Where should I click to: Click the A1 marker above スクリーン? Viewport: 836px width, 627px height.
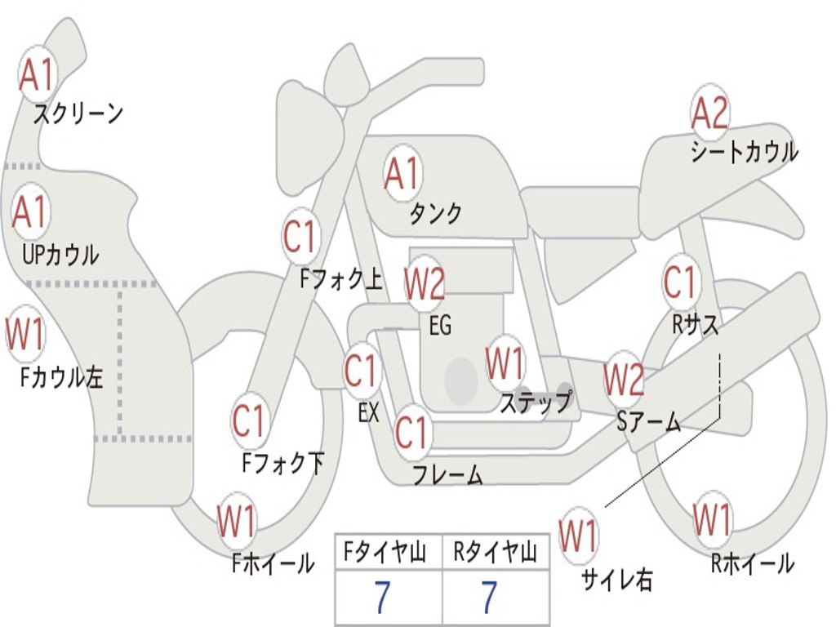pyautogui.click(x=37, y=74)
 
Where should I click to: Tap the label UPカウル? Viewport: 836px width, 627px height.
pyautogui.click(x=60, y=254)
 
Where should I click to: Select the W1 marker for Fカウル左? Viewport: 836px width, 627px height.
pyautogui.click(x=25, y=333)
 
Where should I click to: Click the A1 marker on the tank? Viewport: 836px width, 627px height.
pyautogui.click(x=402, y=172)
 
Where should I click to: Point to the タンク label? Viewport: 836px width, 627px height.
pyautogui.click(x=435, y=214)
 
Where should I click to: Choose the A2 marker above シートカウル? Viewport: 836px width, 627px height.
pyautogui.click(x=709, y=113)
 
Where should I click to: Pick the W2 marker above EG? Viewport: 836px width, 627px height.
pyautogui.click(x=425, y=284)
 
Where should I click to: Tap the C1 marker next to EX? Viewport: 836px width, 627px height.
pyautogui.click(x=361, y=371)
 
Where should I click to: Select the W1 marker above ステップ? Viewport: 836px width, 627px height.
pyautogui.click(x=505, y=363)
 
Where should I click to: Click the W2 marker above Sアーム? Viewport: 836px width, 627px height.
pyautogui.click(x=624, y=379)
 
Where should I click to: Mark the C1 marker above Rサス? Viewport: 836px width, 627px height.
pyautogui.click(x=679, y=282)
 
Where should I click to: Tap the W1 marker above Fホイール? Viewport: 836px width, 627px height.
pyautogui.click(x=237, y=522)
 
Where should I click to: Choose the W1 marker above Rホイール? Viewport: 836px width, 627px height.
pyautogui.click(x=712, y=519)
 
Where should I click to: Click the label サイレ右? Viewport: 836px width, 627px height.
pyautogui.click(x=616, y=580)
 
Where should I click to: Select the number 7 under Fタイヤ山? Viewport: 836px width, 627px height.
pyautogui.click(x=381, y=598)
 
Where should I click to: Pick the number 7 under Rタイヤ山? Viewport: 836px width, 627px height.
pyautogui.click(x=489, y=598)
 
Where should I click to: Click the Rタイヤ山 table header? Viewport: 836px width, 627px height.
pyautogui.click(x=496, y=554)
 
